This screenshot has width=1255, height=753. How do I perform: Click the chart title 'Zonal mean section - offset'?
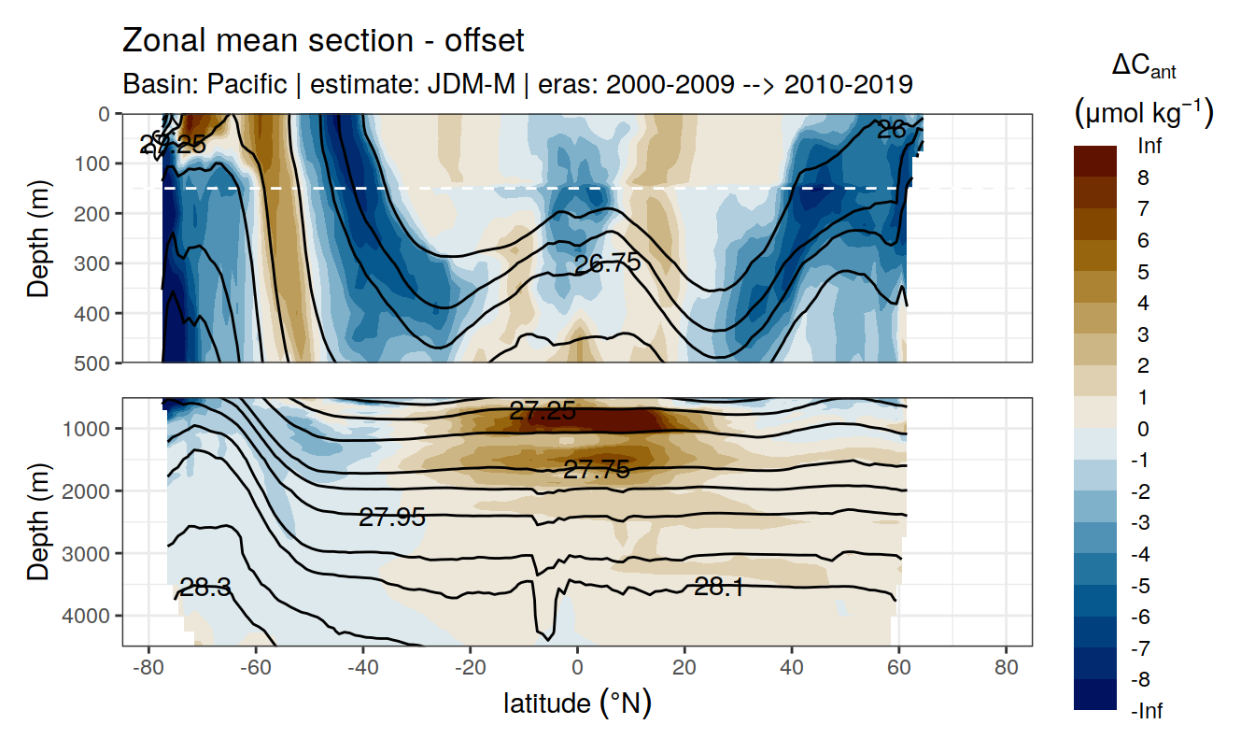pos(323,41)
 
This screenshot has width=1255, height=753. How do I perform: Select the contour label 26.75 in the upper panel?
pos(608,263)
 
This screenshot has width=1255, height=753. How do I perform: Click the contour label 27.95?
pos(392,518)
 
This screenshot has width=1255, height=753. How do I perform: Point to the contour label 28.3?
pos(206,588)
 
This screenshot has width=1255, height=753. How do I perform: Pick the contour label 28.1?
pos(718,587)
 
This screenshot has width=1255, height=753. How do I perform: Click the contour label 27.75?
pos(597,470)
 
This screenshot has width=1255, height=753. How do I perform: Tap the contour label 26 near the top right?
pos(891,131)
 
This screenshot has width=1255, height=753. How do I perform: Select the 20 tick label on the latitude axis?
pos(684,670)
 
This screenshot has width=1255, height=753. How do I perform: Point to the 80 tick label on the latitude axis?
pos(1006,670)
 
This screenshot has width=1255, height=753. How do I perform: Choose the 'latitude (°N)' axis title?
pos(577,703)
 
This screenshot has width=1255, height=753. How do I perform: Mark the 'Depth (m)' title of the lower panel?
pos(38,521)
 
